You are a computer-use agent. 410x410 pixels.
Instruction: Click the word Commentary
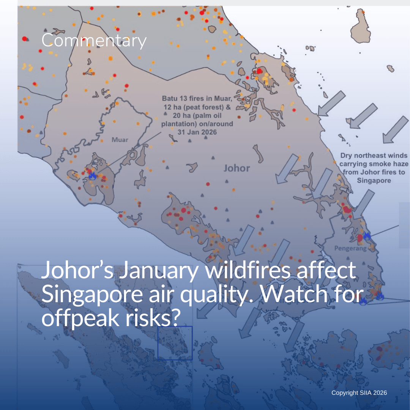click(x=93, y=41)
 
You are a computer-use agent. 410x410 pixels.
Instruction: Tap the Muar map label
click(x=120, y=140)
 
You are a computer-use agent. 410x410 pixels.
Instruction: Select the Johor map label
click(x=237, y=168)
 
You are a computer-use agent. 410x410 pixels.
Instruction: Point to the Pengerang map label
click(x=350, y=248)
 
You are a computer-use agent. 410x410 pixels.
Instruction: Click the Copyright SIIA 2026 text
click(x=359, y=393)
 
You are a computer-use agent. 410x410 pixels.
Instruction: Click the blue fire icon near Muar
click(x=92, y=175)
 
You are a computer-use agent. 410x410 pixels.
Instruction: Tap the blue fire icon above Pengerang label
click(x=367, y=236)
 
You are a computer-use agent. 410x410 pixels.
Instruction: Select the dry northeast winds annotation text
click(x=374, y=168)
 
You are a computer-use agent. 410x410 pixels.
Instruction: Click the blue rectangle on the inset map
click(x=175, y=343)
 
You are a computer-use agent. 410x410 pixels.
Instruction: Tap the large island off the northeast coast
click(x=361, y=27)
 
